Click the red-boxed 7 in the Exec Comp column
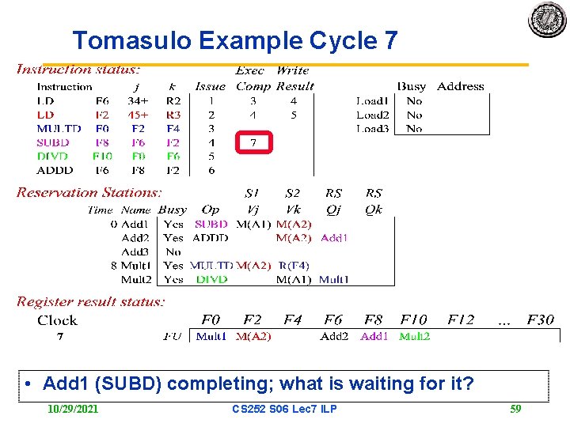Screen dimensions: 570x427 pyautogui.click(x=253, y=142)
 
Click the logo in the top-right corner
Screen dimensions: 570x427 pyautogui.click(x=547, y=20)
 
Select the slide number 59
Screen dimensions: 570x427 pyautogui.click(x=515, y=409)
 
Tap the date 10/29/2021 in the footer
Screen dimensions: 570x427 pyautogui.click(x=74, y=409)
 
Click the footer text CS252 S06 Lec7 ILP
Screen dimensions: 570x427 pyautogui.click(x=284, y=409)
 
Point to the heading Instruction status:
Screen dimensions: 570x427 pyautogui.click(x=78, y=70)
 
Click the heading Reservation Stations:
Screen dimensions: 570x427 pyautogui.click(x=89, y=192)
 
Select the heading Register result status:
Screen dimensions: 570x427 pyautogui.click(x=90, y=301)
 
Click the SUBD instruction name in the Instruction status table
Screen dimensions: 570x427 pyautogui.click(x=53, y=142)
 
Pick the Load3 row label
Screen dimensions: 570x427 pyautogui.click(x=372, y=128)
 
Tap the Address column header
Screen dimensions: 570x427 pyautogui.click(x=460, y=86)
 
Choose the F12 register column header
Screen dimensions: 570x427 pyautogui.click(x=461, y=320)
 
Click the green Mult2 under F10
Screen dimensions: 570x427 pyautogui.click(x=414, y=336)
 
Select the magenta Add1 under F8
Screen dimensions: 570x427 pyautogui.click(x=374, y=336)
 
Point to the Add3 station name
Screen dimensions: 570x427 pyautogui.click(x=135, y=251)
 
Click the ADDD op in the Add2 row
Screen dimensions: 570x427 pyautogui.click(x=211, y=237)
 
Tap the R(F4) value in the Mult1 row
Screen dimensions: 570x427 pyautogui.click(x=294, y=266)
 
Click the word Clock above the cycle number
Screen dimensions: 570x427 pyautogui.click(x=57, y=320)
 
